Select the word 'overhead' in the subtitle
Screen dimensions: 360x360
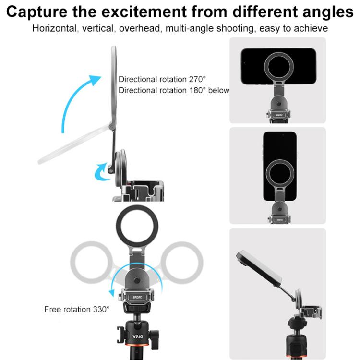140,28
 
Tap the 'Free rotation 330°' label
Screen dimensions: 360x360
77,309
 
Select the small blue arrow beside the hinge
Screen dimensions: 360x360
102,171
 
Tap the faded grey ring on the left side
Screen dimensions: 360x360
91,262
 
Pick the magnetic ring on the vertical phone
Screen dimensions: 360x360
280,173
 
